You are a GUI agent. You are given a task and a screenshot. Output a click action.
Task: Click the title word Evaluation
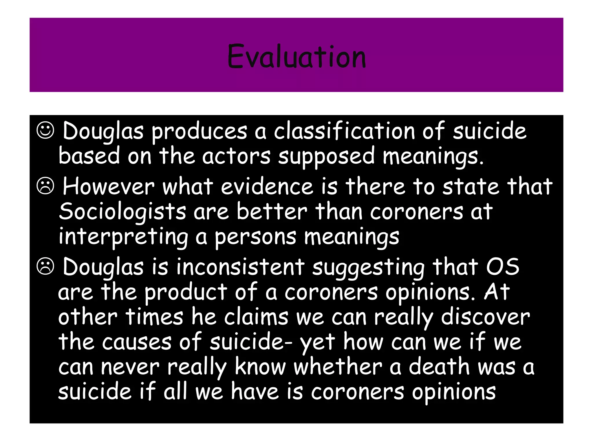pos(296,56)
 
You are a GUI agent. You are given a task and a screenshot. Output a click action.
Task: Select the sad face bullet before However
pos(45,186)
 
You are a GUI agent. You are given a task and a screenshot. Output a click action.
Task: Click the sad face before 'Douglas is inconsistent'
pos(45,267)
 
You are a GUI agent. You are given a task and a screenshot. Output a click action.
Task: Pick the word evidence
pos(267,186)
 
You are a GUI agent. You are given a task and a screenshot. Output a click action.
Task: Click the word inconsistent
pos(240,267)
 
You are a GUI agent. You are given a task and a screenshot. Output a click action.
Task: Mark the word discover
pos(485,317)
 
